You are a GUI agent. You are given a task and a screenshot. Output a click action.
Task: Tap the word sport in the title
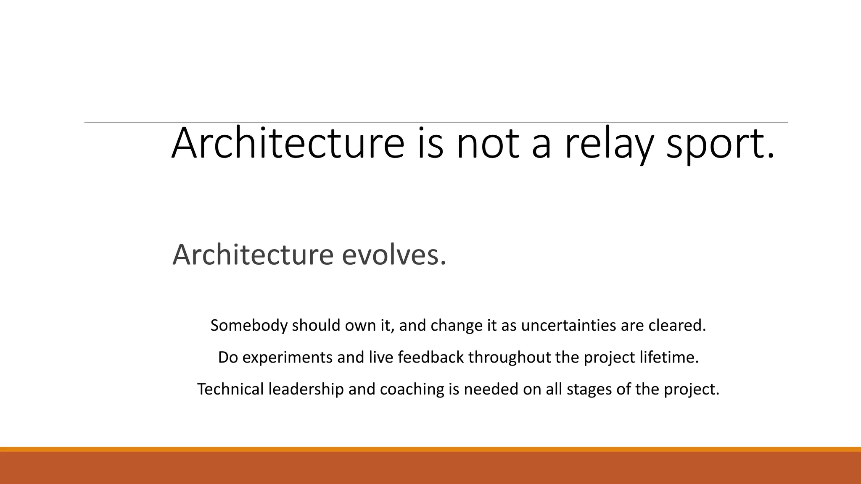coord(720,145)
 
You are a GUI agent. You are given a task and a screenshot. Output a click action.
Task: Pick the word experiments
coord(288,358)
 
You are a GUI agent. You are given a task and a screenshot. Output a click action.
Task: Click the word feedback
coord(430,358)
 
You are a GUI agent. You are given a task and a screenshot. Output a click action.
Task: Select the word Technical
coord(230,389)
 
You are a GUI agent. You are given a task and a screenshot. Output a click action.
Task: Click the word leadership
coord(306,389)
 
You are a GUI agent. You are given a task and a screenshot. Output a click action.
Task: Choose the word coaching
coord(412,389)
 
